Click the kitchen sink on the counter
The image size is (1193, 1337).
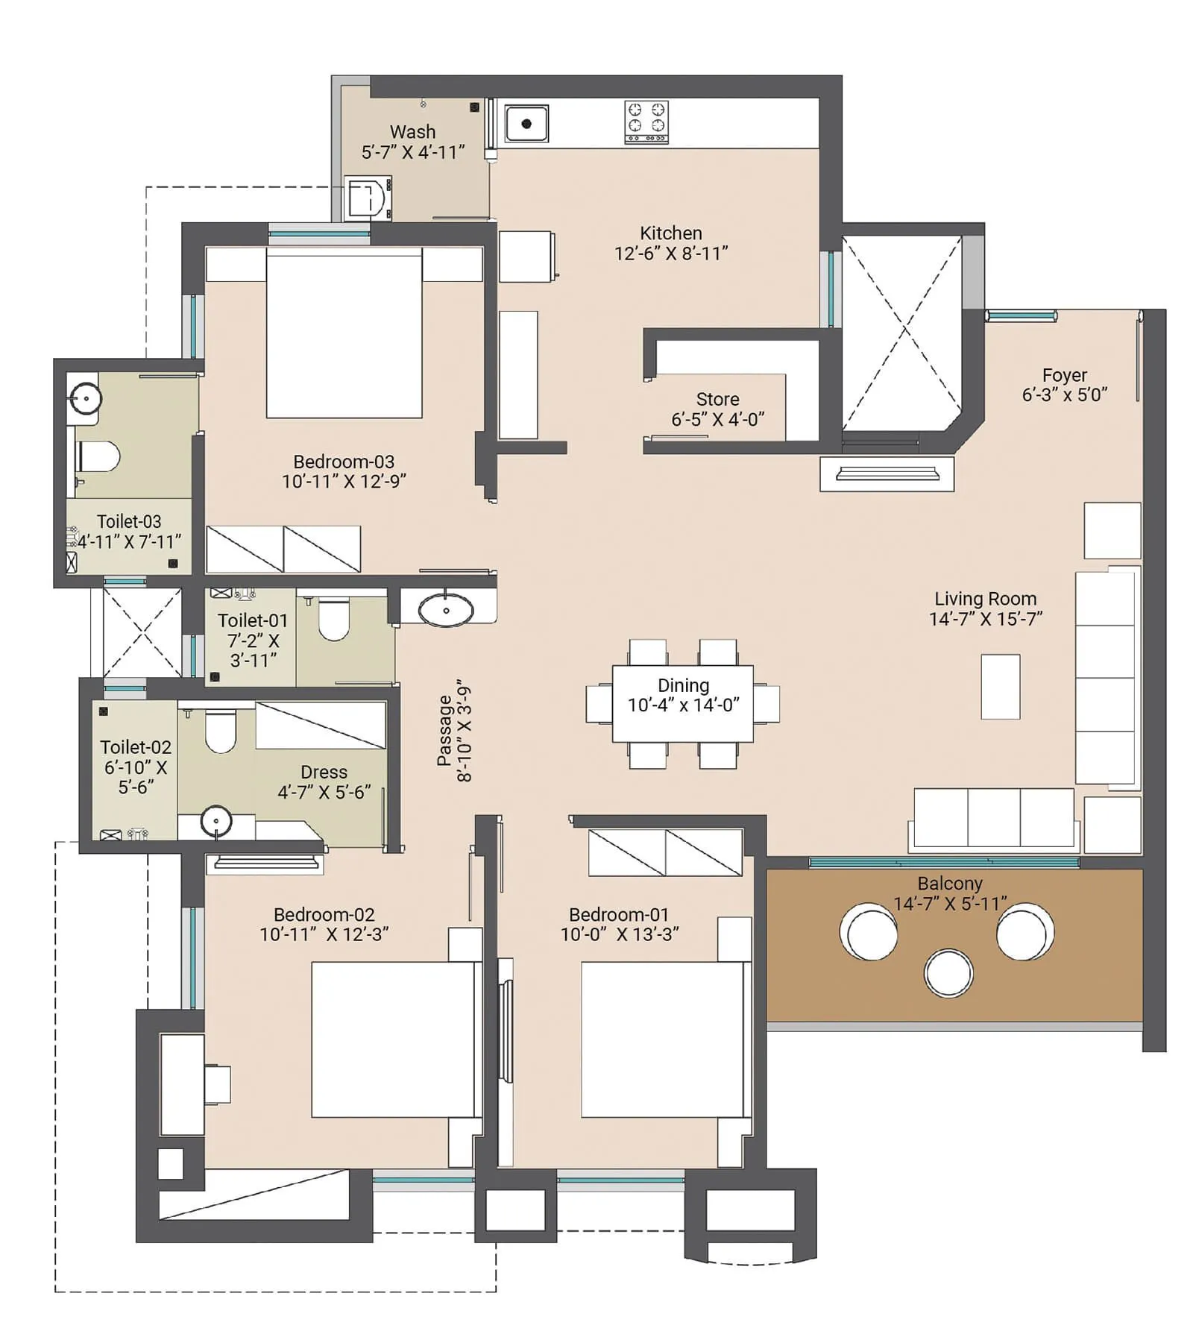[526, 124]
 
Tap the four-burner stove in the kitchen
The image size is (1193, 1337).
[646, 122]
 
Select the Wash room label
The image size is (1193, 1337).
[412, 132]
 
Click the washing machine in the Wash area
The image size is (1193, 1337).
[368, 198]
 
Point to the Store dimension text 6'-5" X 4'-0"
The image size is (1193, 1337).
[717, 420]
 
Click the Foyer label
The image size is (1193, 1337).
[1064, 375]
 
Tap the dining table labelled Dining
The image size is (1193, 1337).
[682, 703]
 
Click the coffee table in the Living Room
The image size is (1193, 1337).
[1000, 686]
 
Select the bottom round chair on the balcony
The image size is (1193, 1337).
[948, 973]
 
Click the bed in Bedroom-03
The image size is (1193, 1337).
[344, 336]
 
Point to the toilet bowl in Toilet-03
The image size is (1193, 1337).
[100, 457]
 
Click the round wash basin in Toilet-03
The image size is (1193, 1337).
[86, 398]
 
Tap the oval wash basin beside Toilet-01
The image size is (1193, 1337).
[445, 610]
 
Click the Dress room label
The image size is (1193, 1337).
[324, 772]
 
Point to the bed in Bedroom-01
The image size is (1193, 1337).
[662, 1039]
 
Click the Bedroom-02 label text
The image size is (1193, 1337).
[324, 914]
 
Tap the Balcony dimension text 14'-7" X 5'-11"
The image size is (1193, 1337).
[950, 904]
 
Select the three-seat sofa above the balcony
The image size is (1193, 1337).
[993, 818]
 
